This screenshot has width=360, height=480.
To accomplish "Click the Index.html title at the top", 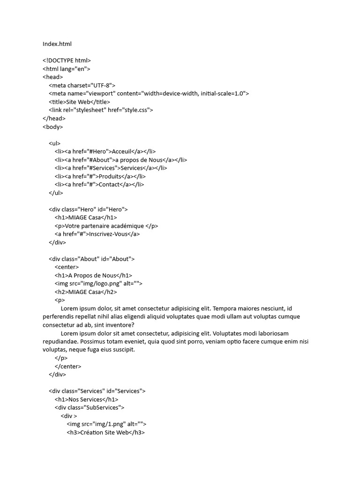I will click(x=57, y=44).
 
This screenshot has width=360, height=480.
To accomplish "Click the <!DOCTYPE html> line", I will click(x=67, y=60).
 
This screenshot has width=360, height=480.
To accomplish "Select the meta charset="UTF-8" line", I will click(x=82, y=85).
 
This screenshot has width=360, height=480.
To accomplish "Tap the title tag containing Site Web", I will click(x=79, y=102).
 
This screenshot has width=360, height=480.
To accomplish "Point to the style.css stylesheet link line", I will click(x=101, y=110).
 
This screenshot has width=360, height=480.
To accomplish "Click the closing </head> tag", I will click(x=54, y=118).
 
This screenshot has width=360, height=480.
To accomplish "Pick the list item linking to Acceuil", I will click(x=105, y=151).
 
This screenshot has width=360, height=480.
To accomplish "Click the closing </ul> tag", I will click(x=55, y=193).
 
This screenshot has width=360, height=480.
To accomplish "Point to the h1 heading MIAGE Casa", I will click(x=86, y=217).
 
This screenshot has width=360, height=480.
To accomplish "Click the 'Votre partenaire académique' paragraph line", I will click(x=106, y=225).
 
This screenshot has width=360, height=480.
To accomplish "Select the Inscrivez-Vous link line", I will click(x=97, y=234).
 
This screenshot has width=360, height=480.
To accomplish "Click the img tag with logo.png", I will click(x=98, y=284).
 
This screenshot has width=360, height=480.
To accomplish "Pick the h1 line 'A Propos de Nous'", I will click(x=93, y=275).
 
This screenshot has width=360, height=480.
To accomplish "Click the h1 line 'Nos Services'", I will click(x=86, y=399).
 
